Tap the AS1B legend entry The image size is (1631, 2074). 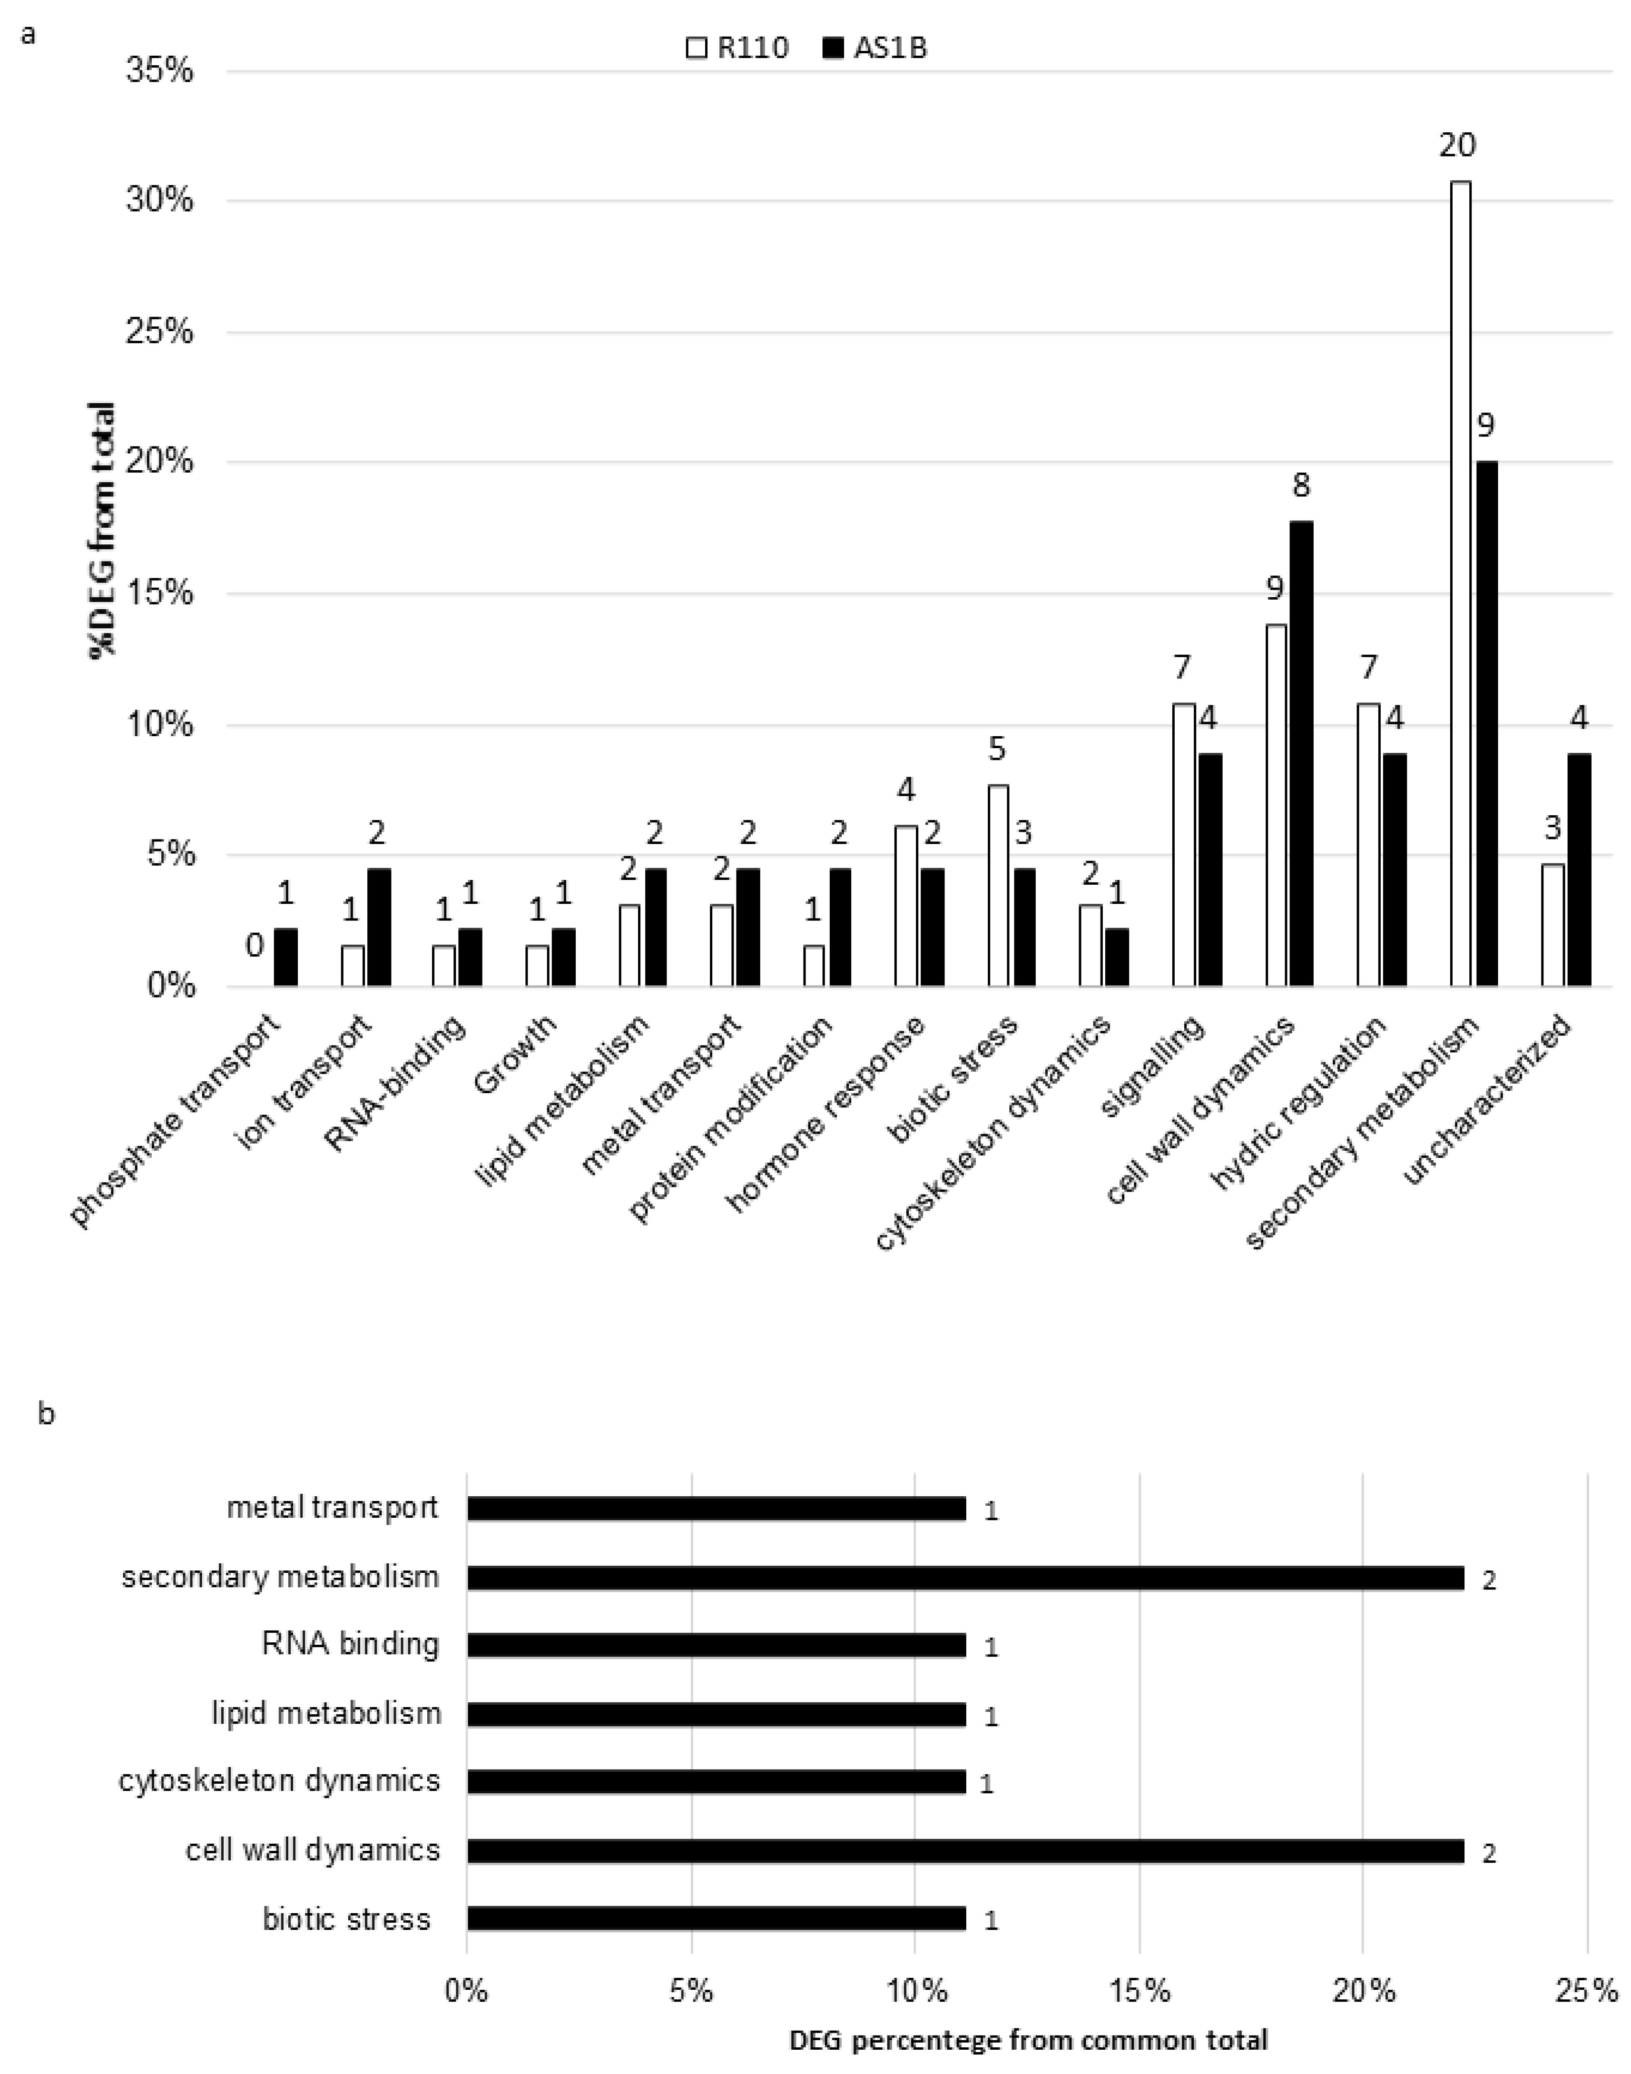tap(874, 48)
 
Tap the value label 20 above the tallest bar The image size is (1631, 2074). tap(1457, 145)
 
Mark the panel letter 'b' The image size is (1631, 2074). tap(46, 1413)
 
